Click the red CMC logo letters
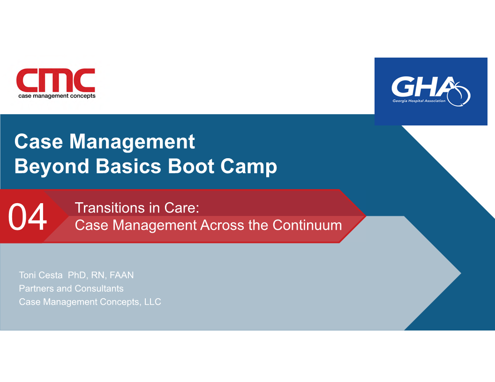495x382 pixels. click(x=56, y=80)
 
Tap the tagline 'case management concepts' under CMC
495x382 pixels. click(x=57, y=96)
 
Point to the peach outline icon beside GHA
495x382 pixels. click(x=459, y=94)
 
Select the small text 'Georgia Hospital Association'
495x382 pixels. click(x=419, y=101)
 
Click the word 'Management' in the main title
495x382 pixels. click(x=132, y=142)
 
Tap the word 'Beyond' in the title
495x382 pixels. click(x=52, y=167)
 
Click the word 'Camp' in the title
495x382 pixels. click(x=249, y=167)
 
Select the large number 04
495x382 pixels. click(x=28, y=217)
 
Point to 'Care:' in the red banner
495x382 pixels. click(x=181, y=208)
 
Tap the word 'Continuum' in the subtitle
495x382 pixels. click(x=307, y=225)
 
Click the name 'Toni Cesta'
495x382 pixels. click(x=41, y=275)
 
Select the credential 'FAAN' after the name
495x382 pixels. click(x=121, y=275)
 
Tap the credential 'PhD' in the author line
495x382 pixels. click(x=77, y=275)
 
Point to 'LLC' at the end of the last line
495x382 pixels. click(x=152, y=302)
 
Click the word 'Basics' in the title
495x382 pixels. click(x=128, y=166)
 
